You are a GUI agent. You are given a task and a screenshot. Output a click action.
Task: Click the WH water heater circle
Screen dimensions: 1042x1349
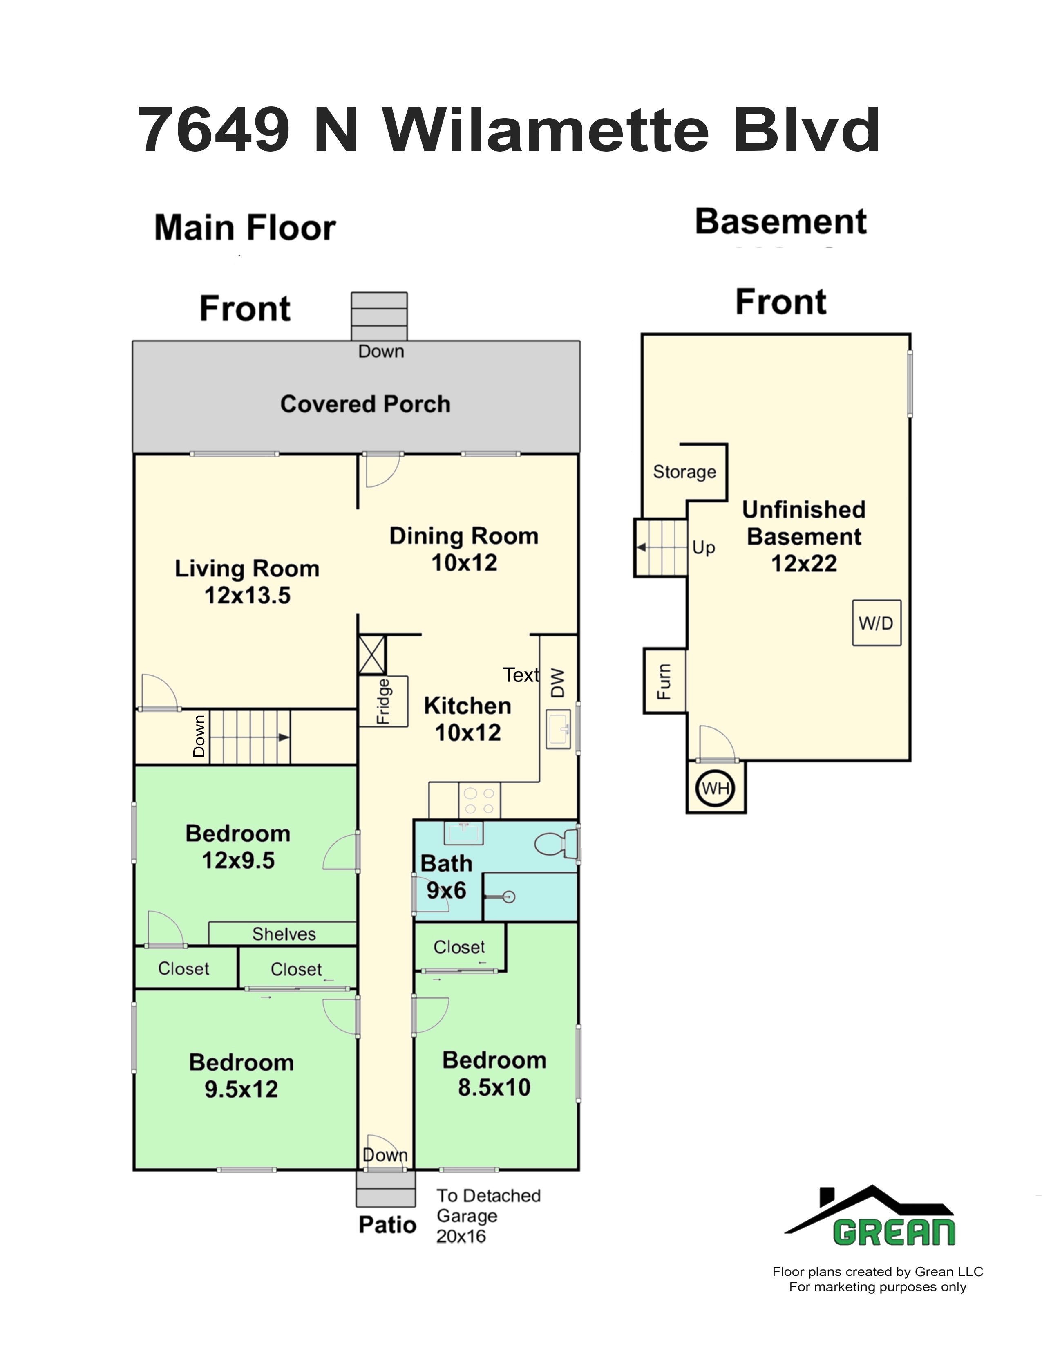point(716,788)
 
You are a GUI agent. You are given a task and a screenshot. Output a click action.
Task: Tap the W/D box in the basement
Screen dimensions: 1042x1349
point(877,623)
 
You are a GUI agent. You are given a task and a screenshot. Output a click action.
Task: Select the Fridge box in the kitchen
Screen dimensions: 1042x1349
point(383,701)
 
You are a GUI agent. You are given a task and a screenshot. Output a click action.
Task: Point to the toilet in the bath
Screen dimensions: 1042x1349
point(556,843)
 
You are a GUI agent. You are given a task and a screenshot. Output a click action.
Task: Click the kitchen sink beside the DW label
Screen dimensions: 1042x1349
point(558,729)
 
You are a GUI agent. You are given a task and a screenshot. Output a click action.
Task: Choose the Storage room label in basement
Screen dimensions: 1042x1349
point(684,472)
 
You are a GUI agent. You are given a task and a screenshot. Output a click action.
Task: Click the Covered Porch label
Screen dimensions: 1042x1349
point(365,404)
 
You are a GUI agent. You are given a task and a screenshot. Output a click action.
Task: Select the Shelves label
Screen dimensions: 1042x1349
point(284,934)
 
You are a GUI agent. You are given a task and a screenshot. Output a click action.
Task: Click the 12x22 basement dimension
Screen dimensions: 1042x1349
point(804,563)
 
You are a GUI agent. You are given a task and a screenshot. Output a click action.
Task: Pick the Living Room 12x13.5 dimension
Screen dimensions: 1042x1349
point(248,596)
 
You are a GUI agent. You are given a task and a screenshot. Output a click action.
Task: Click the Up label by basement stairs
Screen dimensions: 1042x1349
point(704,548)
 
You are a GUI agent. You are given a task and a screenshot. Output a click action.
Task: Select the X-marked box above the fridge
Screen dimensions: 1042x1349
point(372,655)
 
